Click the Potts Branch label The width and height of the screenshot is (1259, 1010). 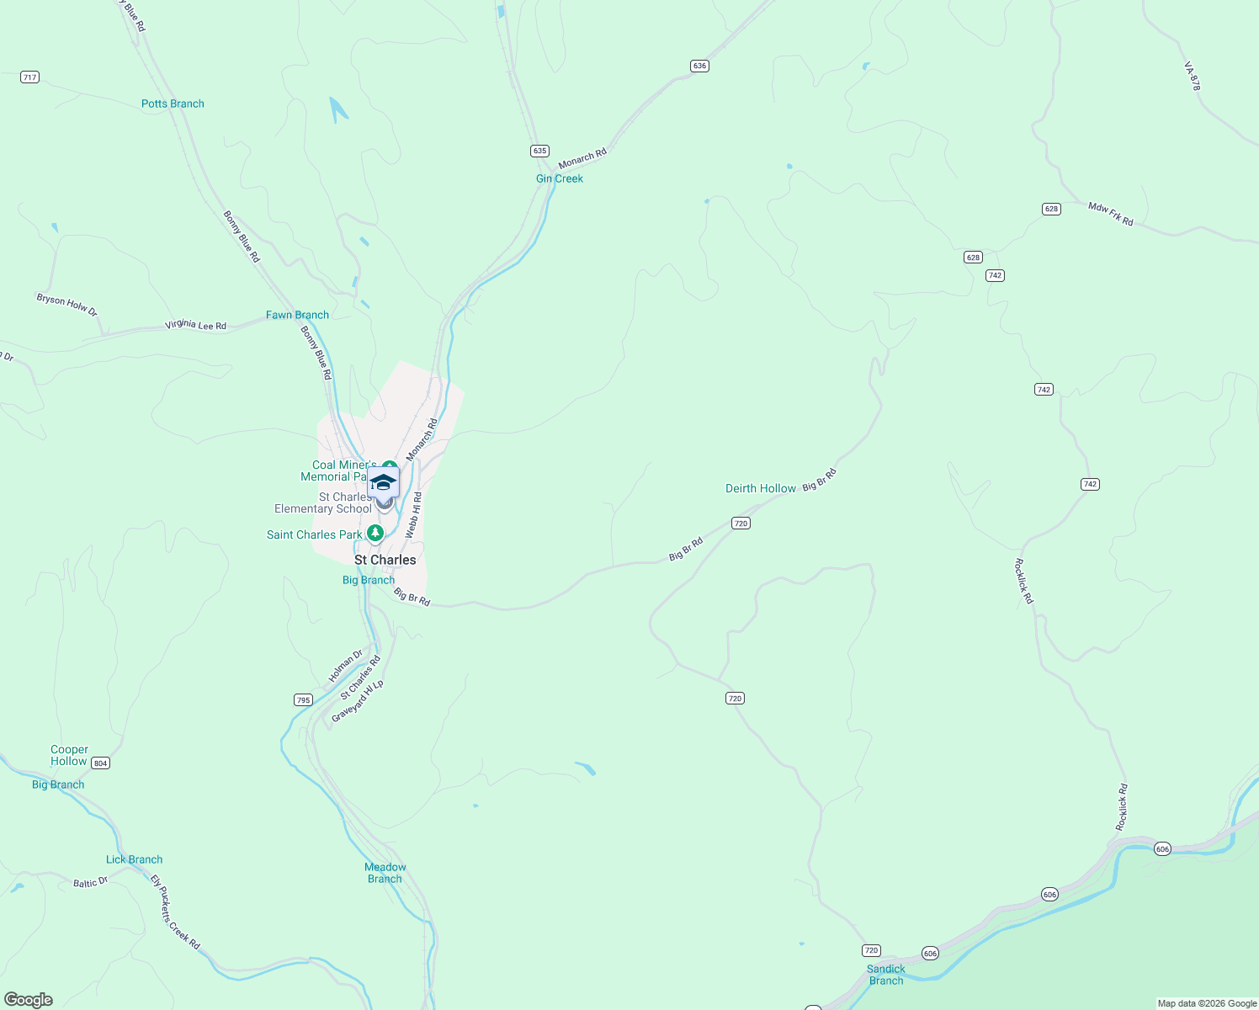tap(173, 104)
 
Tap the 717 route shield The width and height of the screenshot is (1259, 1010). tap(30, 77)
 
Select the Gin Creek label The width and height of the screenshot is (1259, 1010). tap(560, 178)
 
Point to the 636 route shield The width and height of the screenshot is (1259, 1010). tap(699, 66)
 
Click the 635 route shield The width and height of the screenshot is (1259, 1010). tap(539, 151)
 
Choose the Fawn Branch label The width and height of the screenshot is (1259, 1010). tap(297, 315)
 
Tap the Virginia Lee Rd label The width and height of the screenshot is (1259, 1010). tap(195, 325)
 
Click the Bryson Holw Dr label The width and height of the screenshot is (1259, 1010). tap(66, 305)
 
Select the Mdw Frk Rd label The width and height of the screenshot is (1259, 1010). tap(1110, 214)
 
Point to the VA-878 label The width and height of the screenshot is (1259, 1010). tap(1192, 76)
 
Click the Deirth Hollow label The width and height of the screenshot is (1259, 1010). tap(761, 488)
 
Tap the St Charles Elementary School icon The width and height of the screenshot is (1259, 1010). tap(383, 484)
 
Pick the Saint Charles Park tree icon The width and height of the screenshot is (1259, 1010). tap(375, 534)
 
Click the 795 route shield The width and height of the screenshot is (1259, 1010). tap(303, 700)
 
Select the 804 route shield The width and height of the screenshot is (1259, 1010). tap(100, 763)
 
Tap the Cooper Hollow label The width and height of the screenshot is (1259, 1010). tap(69, 755)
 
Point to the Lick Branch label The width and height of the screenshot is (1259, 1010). tap(134, 859)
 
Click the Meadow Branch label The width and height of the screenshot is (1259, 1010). tap(385, 873)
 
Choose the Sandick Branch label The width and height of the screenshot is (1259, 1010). tap(886, 975)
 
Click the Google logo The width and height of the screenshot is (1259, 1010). tap(29, 1000)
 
